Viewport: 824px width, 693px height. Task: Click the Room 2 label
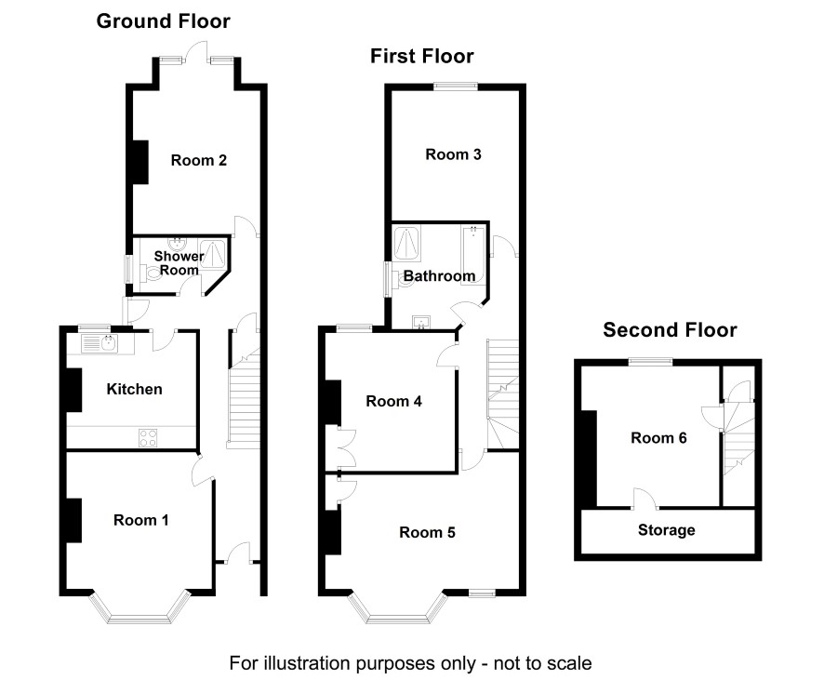point(199,160)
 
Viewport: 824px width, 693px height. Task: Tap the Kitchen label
point(134,389)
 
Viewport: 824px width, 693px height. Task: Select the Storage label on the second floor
point(666,530)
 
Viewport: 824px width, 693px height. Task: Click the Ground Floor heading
point(164,21)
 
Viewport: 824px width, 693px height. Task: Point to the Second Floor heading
point(670,330)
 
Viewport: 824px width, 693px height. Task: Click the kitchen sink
point(100,343)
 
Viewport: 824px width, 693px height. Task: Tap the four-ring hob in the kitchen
point(148,438)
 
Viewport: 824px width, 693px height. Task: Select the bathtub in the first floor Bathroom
point(473,255)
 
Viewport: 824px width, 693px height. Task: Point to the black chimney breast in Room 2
point(140,163)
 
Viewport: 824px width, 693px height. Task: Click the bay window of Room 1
point(140,607)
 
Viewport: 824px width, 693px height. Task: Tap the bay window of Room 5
point(398,607)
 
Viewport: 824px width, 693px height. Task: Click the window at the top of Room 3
point(456,87)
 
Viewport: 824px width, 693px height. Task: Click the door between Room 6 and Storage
point(645,500)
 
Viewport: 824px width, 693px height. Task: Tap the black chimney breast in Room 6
point(589,459)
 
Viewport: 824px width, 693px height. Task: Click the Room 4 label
point(394,402)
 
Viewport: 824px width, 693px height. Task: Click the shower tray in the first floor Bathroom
point(406,244)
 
